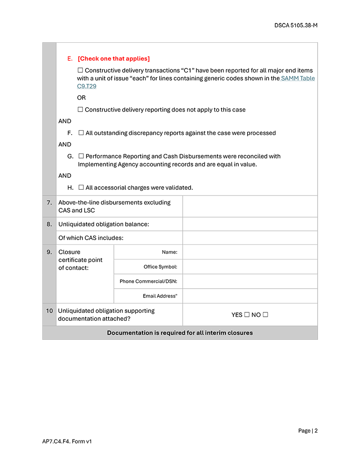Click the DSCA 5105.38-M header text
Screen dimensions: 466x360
(x=296, y=26)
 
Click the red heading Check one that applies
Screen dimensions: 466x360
(x=113, y=59)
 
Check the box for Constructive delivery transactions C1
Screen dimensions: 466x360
(x=80, y=71)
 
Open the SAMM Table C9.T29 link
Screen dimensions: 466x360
(x=298, y=79)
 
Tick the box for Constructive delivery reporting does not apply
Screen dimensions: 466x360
(x=80, y=110)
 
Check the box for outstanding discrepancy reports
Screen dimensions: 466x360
(x=81, y=133)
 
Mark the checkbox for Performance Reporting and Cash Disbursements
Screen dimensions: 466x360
(x=81, y=156)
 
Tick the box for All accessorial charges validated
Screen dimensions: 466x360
(x=81, y=188)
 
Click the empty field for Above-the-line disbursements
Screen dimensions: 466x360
(x=250, y=207)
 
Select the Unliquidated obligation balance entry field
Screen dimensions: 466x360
(x=250, y=224)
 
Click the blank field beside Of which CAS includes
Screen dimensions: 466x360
(x=250, y=238)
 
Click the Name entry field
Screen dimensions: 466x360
(x=250, y=252)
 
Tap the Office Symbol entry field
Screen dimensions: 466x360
(x=250, y=267)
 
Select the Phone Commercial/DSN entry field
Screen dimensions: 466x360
(x=250, y=281)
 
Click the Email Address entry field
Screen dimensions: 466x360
(x=250, y=296)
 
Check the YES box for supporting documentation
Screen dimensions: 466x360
(x=247, y=315)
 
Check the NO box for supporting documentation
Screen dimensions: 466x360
(x=266, y=315)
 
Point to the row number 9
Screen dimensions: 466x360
(x=49, y=252)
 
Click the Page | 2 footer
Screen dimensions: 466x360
(x=307, y=431)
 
